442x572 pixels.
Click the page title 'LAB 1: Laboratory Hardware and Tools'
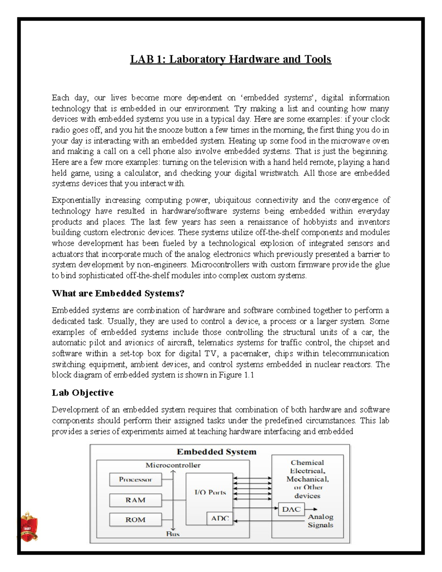tap(231, 59)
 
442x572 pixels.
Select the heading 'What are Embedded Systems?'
tap(118, 293)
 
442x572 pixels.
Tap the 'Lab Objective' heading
tap(83, 393)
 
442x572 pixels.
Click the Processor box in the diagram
tap(135, 480)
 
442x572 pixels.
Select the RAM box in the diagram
tap(135, 500)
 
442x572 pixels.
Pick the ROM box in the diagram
tap(135, 520)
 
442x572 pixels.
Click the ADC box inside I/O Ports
tap(220, 519)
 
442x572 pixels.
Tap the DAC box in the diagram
tap(291, 509)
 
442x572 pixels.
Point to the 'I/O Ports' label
tap(210, 492)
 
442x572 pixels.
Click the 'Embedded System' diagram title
tap(216, 452)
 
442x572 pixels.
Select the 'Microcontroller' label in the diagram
tap(173, 465)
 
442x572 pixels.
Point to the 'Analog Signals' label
tap(320, 521)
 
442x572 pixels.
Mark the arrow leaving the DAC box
tap(311, 509)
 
